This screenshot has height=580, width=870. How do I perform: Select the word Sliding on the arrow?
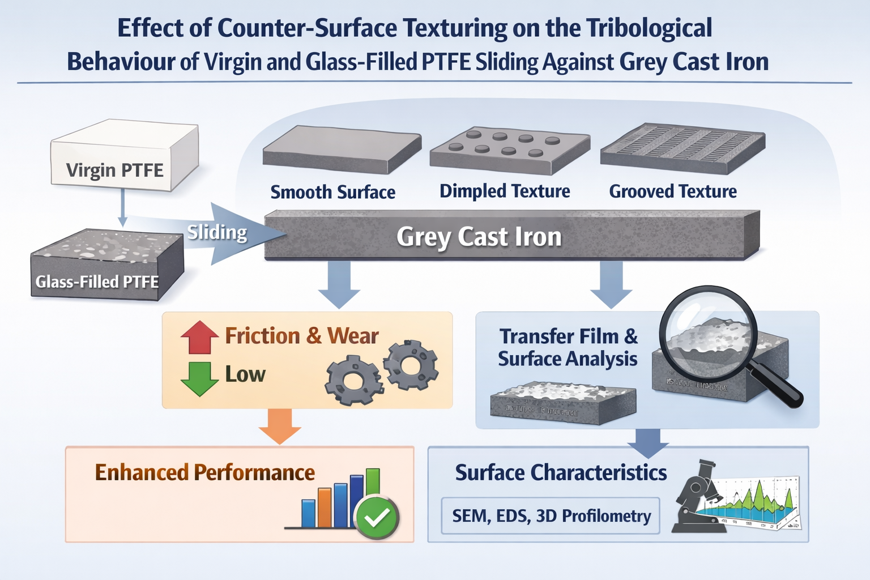pyautogui.click(x=217, y=232)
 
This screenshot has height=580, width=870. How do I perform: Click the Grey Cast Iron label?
pyautogui.click(x=479, y=237)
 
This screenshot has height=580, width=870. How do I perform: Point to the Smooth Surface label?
pyautogui.click(x=332, y=192)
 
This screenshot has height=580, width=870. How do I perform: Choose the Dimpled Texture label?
pyautogui.click(x=505, y=191)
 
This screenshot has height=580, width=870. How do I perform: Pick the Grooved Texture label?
pyautogui.click(x=673, y=191)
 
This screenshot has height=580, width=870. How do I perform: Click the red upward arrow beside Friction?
pyautogui.click(x=199, y=338)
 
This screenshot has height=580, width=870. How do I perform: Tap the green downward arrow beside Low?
pyautogui.click(x=199, y=378)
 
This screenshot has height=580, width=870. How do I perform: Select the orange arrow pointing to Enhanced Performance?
pyautogui.click(x=280, y=427)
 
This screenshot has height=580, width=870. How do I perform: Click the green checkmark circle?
pyautogui.click(x=377, y=517)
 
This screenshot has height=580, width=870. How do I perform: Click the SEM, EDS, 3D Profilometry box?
pyautogui.click(x=551, y=516)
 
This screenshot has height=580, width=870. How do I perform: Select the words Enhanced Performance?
pyautogui.click(x=204, y=472)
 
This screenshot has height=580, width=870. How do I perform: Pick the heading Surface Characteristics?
pyautogui.click(x=561, y=472)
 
